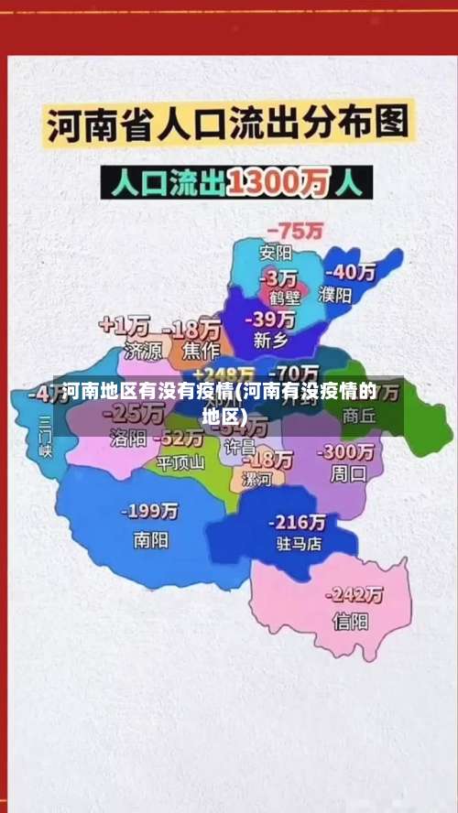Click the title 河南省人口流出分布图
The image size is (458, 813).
pyautogui.click(x=229, y=125)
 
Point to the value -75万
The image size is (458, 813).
pyautogui.click(x=294, y=231)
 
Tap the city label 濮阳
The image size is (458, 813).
pyautogui.click(x=335, y=295)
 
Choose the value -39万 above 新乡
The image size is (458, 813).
pyautogui.click(x=272, y=319)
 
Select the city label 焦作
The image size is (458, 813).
pyautogui.click(x=201, y=350)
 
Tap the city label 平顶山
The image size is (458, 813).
pyautogui.click(x=180, y=462)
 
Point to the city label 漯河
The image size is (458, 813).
pyautogui.click(x=256, y=479)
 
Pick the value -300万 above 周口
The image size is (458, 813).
pyautogui.click(x=345, y=452)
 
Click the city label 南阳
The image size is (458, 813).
pyautogui.click(x=150, y=540)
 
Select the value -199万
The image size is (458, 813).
pyautogui.click(x=152, y=511)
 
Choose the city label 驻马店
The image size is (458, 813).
pyautogui.click(x=299, y=543)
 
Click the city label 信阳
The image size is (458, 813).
pyautogui.click(x=350, y=622)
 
